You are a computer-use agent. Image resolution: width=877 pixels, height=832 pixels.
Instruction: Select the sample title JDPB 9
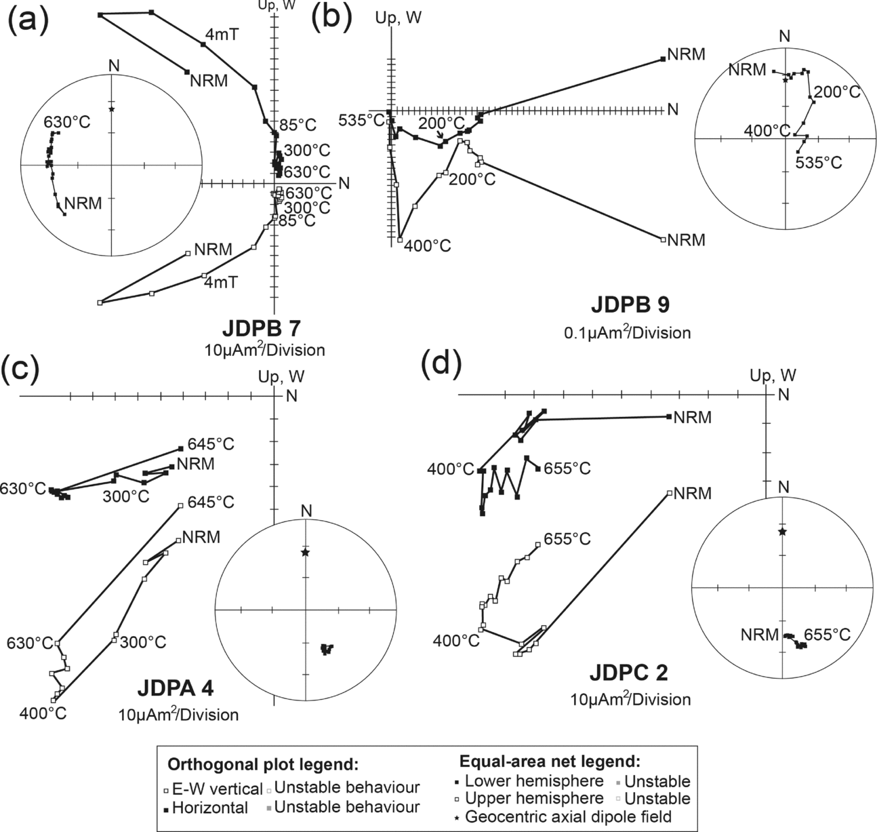630,306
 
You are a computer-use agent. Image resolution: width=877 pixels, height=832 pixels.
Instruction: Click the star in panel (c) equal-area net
305,553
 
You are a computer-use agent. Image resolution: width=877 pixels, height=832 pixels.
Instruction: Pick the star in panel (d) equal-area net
782,532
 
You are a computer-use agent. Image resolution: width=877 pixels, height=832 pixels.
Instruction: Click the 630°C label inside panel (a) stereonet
67,122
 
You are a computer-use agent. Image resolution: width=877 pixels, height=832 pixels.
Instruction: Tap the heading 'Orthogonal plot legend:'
263,765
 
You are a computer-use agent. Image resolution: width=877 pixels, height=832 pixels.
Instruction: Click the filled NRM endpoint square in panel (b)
662,60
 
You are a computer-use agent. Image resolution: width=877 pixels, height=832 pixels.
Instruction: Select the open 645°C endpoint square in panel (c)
180,505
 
